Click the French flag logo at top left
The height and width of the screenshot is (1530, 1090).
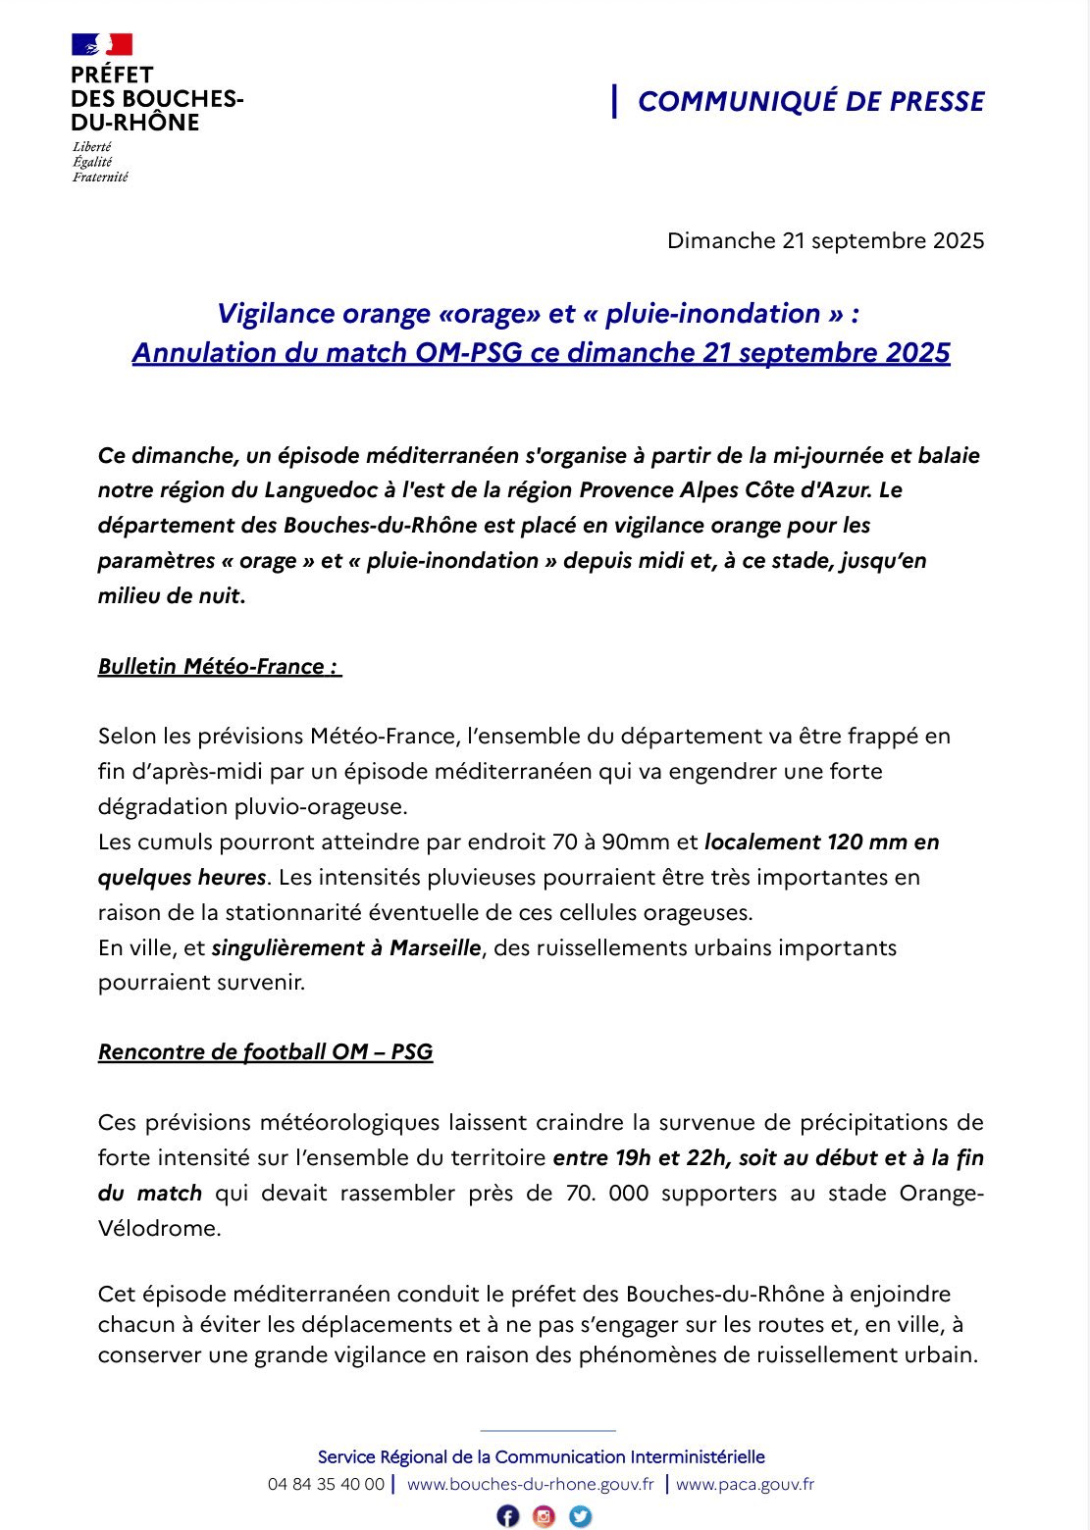coord(101,44)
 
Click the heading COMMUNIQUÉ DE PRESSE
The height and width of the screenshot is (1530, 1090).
coord(810,101)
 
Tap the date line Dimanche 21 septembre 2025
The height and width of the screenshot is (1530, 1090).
coord(825,240)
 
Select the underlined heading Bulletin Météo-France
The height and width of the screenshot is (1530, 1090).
coord(219,666)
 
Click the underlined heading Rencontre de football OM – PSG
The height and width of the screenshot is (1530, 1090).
coord(265,1051)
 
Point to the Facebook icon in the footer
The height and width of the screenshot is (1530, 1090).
coord(507,1515)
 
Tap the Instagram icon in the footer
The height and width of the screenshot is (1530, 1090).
coord(544,1515)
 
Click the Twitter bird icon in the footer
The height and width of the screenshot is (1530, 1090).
coord(581,1515)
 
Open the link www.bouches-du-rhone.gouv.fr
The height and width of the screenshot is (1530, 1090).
coord(530,1484)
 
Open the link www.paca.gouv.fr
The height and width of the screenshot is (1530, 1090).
coord(745,1484)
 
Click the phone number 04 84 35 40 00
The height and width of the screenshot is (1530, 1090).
coord(326,1484)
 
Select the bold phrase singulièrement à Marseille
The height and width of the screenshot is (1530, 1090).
coord(346,947)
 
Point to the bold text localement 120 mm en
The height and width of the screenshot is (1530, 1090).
coord(822,841)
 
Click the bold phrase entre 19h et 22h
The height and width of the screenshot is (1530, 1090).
coord(640,1157)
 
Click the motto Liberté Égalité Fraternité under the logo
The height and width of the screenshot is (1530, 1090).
coord(99,162)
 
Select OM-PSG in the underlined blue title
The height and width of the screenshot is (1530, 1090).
coord(469,352)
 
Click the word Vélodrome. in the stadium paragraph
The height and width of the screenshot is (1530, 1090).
coord(159,1228)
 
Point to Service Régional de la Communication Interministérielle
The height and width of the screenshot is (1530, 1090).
coord(541,1456)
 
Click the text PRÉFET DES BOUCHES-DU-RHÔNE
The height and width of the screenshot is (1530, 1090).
coord(157,99)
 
